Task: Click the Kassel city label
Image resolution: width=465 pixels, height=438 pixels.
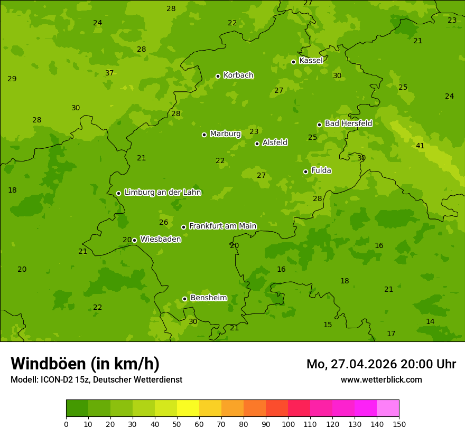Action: point(311,61)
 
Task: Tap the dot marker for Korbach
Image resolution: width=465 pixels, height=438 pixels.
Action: point(218,76)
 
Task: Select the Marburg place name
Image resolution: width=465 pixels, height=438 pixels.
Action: point(225,134)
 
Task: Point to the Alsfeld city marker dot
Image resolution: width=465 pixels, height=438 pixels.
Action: point(257,144)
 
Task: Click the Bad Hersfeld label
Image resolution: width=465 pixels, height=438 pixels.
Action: point(348,123)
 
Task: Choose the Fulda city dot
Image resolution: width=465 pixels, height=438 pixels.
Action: point(305,172)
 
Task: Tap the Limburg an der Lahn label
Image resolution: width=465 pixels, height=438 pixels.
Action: point(162,193)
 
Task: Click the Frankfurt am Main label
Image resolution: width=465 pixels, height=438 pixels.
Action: point(222,226)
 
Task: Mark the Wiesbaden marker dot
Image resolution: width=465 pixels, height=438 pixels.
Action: point(134,240)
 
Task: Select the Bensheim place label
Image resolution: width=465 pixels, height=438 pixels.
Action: point(208,298)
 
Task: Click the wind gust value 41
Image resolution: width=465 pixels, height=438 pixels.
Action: point(420,146)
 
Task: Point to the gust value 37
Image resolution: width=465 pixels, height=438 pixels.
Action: point(109,73)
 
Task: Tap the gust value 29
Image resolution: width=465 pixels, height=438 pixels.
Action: point(12,79)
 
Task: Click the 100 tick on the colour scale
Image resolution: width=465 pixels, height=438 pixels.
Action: point(288,424)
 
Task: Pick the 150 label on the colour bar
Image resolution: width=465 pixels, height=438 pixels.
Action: point(399,424)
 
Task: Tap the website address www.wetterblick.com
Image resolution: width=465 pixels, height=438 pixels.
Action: point(381,379)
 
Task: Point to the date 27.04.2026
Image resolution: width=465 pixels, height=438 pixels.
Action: point(364,364)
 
